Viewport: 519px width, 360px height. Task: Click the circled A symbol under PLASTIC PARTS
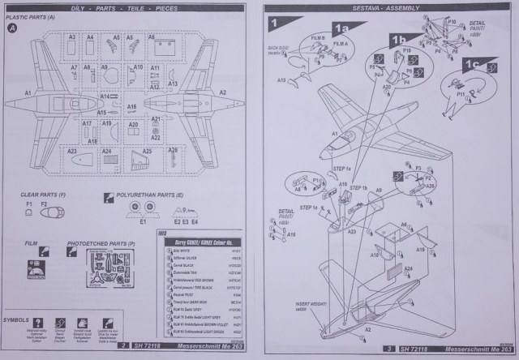(x=12, y=28)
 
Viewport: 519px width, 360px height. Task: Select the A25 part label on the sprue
(x=148, y=151)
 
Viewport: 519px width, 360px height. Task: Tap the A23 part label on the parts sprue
(x=72, y=151)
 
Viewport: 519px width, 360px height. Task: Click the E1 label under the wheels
(x=143, y=221)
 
